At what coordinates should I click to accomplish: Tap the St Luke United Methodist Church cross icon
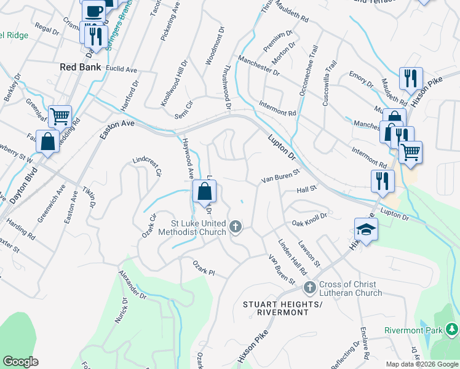pyautogui.click(x=235, y=228)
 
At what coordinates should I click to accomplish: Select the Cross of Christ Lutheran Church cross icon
pyautogui.click(x=310, y=287)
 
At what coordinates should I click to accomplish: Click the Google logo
pyautogui.click(x=20, y=362)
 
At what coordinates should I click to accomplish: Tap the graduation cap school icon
pyautogui.click(x=367, y=229)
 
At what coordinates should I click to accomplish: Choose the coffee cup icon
pyautogui.click(x=94, y=10)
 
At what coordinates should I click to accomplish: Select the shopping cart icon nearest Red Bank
pyautogui.click(x=60, y=115)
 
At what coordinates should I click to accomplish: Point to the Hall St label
pyautogui.click(x=306, y=189)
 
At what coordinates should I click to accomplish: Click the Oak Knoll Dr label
pyautogui.click(x=309, y=220)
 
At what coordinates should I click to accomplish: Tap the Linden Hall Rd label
pyautogui.click(x=292, y=257)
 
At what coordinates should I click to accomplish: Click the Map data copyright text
pyautogui.click(x=422, y=364)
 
